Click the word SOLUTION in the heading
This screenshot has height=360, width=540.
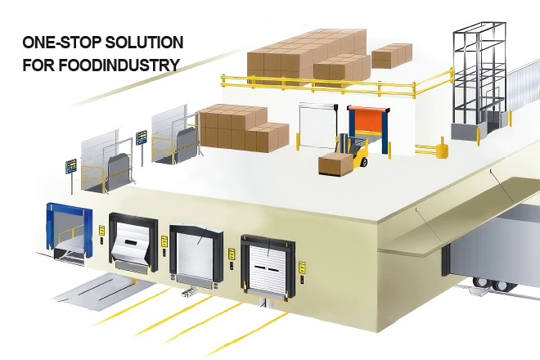pyautogui.click(x=144, y=43)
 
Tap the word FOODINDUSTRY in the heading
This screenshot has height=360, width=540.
pyautogui.click(x=119, y=65)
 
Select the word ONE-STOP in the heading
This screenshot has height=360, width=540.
pyautogui.click(x=62, y=43)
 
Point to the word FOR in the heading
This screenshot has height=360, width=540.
pyautogui.click(x=38, y=65)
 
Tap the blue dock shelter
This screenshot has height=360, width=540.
pyautogui.click(x=70, y=228)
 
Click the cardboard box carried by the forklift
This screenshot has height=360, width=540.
pyautogui.click(x=335, y=164)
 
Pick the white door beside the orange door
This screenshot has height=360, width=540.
pyautogui.click(x=317, y=126)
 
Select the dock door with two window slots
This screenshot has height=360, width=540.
pyautogui.click(x=268, y=267)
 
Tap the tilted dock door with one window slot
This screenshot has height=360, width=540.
pyautogui.click(x=132, y=242)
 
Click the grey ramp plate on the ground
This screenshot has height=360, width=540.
pyautogui.click(x=100, y=292)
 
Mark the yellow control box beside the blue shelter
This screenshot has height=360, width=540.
pyautogui.click(x=102, y=230)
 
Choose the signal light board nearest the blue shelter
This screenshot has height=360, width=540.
pyautogui.click(x=71, y=166)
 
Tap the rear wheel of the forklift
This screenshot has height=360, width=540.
pyautogui.click(x=363, y=162)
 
